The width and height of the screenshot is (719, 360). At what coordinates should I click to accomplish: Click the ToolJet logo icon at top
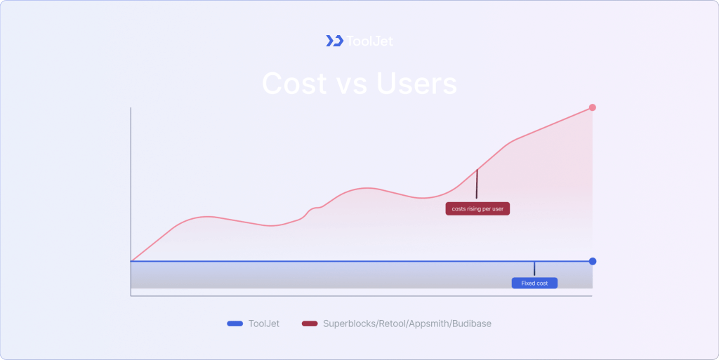click(x=334, y=41)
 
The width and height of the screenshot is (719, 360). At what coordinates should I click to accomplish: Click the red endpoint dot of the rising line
click(x=593, y=107)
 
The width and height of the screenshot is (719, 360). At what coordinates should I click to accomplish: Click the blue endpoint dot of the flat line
click(x=593, y=261)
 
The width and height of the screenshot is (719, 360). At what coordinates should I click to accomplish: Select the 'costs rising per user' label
click(x=477, y=208)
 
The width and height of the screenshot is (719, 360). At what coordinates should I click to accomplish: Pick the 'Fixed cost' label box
click(x=534, y=283)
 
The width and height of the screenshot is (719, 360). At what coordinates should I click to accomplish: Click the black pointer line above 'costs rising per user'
click(x=477, y=184)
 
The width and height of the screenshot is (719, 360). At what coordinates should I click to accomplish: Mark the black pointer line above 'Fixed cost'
click(x=534, y=269)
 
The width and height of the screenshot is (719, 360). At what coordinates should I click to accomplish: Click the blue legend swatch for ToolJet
click(x=235, y=324)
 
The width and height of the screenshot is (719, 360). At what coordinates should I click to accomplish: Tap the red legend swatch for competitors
click(x=310, y=324)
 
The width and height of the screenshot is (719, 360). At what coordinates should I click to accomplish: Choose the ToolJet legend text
click(x=263, y=324)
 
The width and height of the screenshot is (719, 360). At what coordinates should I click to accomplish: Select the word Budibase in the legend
click(x=471, y=324)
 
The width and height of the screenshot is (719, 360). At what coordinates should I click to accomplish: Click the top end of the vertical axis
click(x=131, y=109)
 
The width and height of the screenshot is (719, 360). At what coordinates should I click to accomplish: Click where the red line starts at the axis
click(x=133, y=260)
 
